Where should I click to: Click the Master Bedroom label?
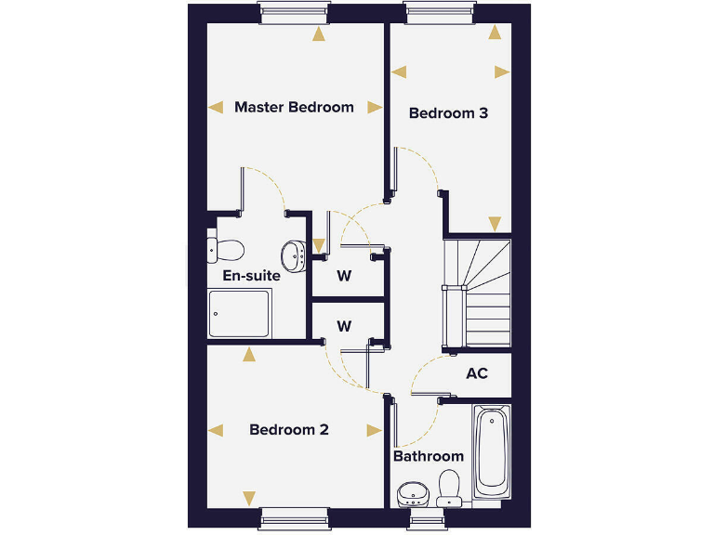point(294,107)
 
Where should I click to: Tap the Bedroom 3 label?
point(448,113)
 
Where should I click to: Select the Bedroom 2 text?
point(289,430)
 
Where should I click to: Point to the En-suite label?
point(251,276)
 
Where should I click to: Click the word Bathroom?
point(428,456)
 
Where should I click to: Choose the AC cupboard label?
point(477,373)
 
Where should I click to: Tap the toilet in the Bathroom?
point(450,488)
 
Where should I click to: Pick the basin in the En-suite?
point(295,254)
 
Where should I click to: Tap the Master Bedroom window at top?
point(294,12)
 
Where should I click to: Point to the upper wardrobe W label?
point(344,276)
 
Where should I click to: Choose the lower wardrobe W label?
point(344,326)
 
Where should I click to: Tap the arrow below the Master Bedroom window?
point(320,35)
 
